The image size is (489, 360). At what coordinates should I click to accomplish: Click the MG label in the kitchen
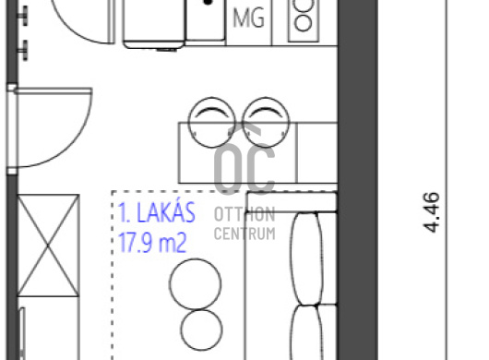[x=248, y=18]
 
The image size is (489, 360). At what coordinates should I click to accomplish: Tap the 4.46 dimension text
[x=432, y=212]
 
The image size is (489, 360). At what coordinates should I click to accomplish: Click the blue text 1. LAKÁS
[x=157, y=212]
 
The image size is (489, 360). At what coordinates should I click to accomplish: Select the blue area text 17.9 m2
[x=152, y=243]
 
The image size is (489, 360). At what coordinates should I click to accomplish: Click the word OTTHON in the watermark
[x=244, y=215]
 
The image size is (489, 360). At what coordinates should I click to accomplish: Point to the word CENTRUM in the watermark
[x=244, y=234]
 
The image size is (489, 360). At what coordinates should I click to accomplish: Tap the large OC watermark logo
[x=244, y=159]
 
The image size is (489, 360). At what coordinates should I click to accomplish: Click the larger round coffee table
[x=196, y=284]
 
